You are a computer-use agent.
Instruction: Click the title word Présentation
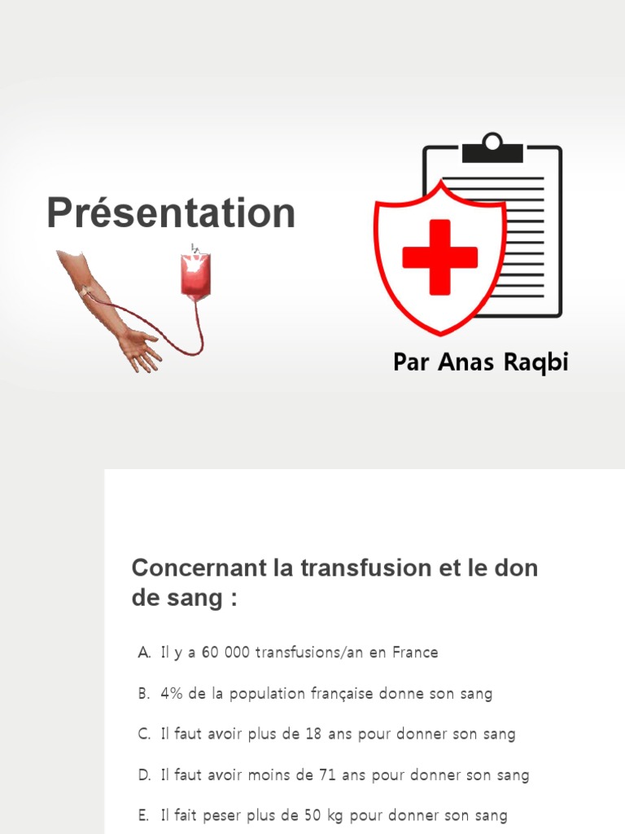(171, 213)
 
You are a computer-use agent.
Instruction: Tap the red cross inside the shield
(439, 257)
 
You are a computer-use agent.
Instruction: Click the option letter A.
(144, 652)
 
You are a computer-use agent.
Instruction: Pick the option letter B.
(144, 694)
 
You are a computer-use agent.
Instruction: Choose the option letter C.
(144, 734)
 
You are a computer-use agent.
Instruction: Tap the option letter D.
(144, 775)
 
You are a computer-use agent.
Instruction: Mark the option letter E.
(144, 815)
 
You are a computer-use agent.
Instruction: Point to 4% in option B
(172, 694)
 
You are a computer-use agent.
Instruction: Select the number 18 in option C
(313, 734)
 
